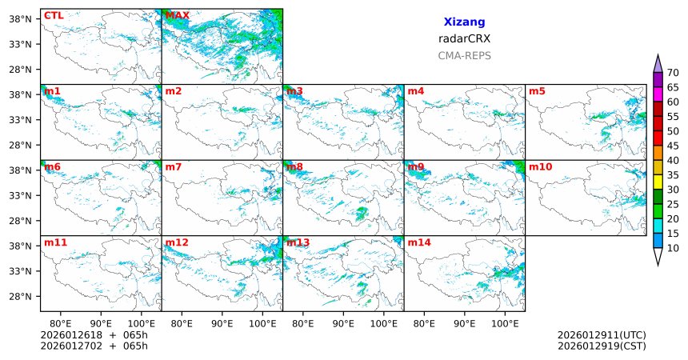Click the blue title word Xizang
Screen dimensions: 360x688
tap(464, 22)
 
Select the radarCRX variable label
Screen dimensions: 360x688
tap(464, 38)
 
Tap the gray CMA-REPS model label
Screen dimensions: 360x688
tap(464, 56)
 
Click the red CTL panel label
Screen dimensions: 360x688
tap(54, 15)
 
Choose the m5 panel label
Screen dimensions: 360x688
tap(537, 91)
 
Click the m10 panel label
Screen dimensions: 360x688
tap(540, 166)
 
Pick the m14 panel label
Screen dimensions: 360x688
tap(418, 242)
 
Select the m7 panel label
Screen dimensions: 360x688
tap(174, 166)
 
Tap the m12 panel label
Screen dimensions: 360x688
tap(177, 242)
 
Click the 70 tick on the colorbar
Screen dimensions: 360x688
tap(673, 73)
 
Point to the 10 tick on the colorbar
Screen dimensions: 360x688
tap(673, 249)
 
